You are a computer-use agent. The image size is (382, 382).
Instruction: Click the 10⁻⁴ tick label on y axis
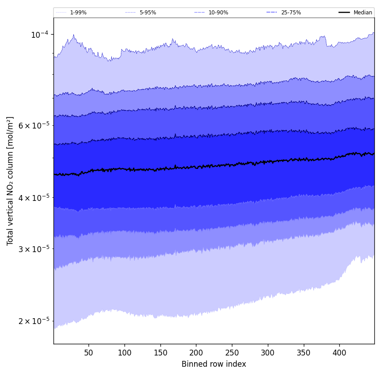tap(40, 35)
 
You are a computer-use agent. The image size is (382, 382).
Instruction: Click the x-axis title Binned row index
tap(213, 364)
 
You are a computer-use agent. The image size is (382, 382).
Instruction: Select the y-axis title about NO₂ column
tap(10, 181)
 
